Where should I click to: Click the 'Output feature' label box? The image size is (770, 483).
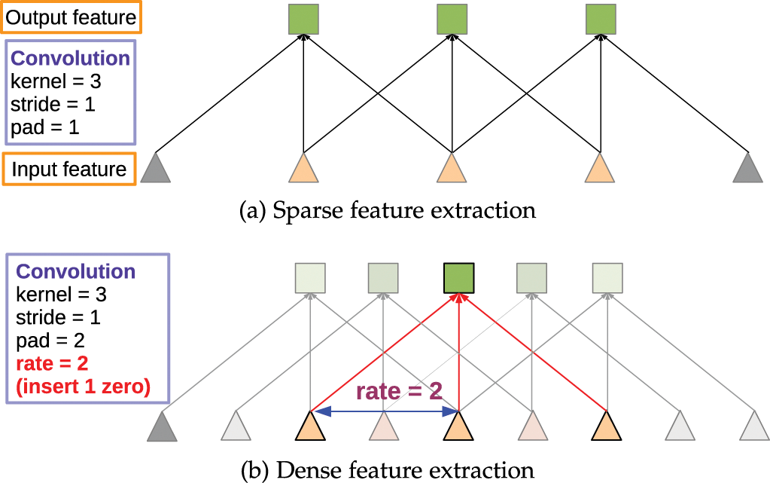point(72,17)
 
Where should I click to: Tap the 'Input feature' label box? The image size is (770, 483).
point(69,170)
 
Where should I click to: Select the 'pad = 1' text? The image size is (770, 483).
point(44,127)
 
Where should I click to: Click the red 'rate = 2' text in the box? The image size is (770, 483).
point(52,363)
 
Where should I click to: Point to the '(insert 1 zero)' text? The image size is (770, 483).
point(83,387)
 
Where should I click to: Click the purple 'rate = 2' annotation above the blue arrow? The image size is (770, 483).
point(399,391)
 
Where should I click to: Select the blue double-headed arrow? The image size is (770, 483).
point(385,411)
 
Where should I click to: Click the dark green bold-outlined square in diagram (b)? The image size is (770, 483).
point(458,278)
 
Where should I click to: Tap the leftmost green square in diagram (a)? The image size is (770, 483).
point(303,20)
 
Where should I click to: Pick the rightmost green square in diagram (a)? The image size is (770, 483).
point(601,20)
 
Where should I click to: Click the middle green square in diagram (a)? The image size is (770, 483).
point(452,20)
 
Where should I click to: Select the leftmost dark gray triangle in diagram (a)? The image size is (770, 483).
point(155,168)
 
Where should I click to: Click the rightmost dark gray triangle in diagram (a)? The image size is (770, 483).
point(748,168)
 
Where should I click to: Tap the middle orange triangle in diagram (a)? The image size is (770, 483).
point(452,168)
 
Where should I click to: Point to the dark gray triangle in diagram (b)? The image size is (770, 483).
point(162,426)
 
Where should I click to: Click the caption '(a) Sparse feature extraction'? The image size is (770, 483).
point(388,210)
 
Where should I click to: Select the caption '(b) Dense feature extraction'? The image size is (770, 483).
point(388,470)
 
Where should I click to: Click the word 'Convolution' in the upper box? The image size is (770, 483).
point(70,58)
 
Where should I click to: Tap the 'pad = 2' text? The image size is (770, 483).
point(50,341)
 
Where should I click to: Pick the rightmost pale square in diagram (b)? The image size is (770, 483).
point(607,278)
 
